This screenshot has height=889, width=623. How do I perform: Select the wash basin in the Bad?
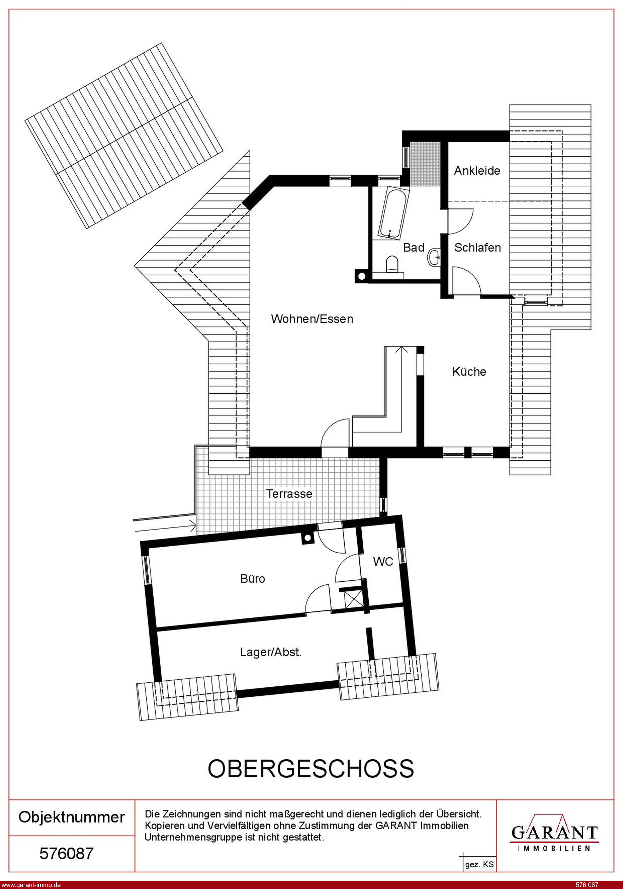[435, 256]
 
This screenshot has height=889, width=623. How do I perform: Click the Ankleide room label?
[477, 171]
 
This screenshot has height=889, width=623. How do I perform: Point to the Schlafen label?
[477, 247]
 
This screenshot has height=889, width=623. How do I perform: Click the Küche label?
[469, 372]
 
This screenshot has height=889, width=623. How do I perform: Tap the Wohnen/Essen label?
[312, 319]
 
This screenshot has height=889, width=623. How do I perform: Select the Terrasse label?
[289, 494]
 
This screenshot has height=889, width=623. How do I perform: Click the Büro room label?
[252, 579]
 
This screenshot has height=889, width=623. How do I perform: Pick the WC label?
[383, 561]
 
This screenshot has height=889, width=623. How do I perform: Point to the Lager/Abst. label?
[271, 652]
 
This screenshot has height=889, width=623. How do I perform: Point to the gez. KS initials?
[480, 864]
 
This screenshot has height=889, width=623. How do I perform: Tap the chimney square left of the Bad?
[361, 276]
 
